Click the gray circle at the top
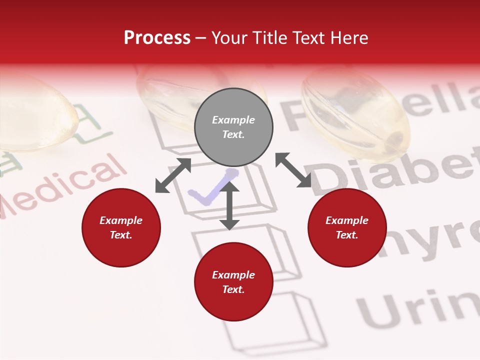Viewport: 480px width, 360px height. (x=233, y=127)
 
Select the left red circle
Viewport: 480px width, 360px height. (x=121, y=227)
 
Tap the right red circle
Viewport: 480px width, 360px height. (x=347, y=227)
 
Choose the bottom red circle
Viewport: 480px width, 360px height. (x=233, y=282)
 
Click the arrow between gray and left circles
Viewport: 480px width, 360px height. (x=173, y=175)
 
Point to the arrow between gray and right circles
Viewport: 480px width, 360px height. (x=293, y=170)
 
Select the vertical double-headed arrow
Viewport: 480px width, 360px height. (x=229, y=205)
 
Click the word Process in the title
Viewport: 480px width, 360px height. (x=157, y=38)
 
